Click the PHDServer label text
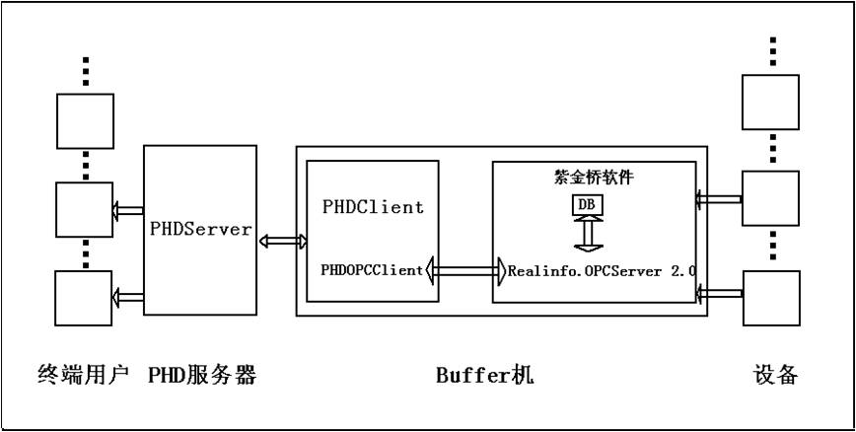click(200, 228)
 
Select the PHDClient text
click(373, 207)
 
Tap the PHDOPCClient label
click(372, 268)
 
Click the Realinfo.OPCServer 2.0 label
click(602, 268)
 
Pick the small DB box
click(587, 206)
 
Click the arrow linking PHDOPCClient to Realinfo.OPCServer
click(464, 268)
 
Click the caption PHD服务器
click(202, 376)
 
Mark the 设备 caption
click(772, 376)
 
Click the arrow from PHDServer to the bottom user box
click(128, 294)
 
